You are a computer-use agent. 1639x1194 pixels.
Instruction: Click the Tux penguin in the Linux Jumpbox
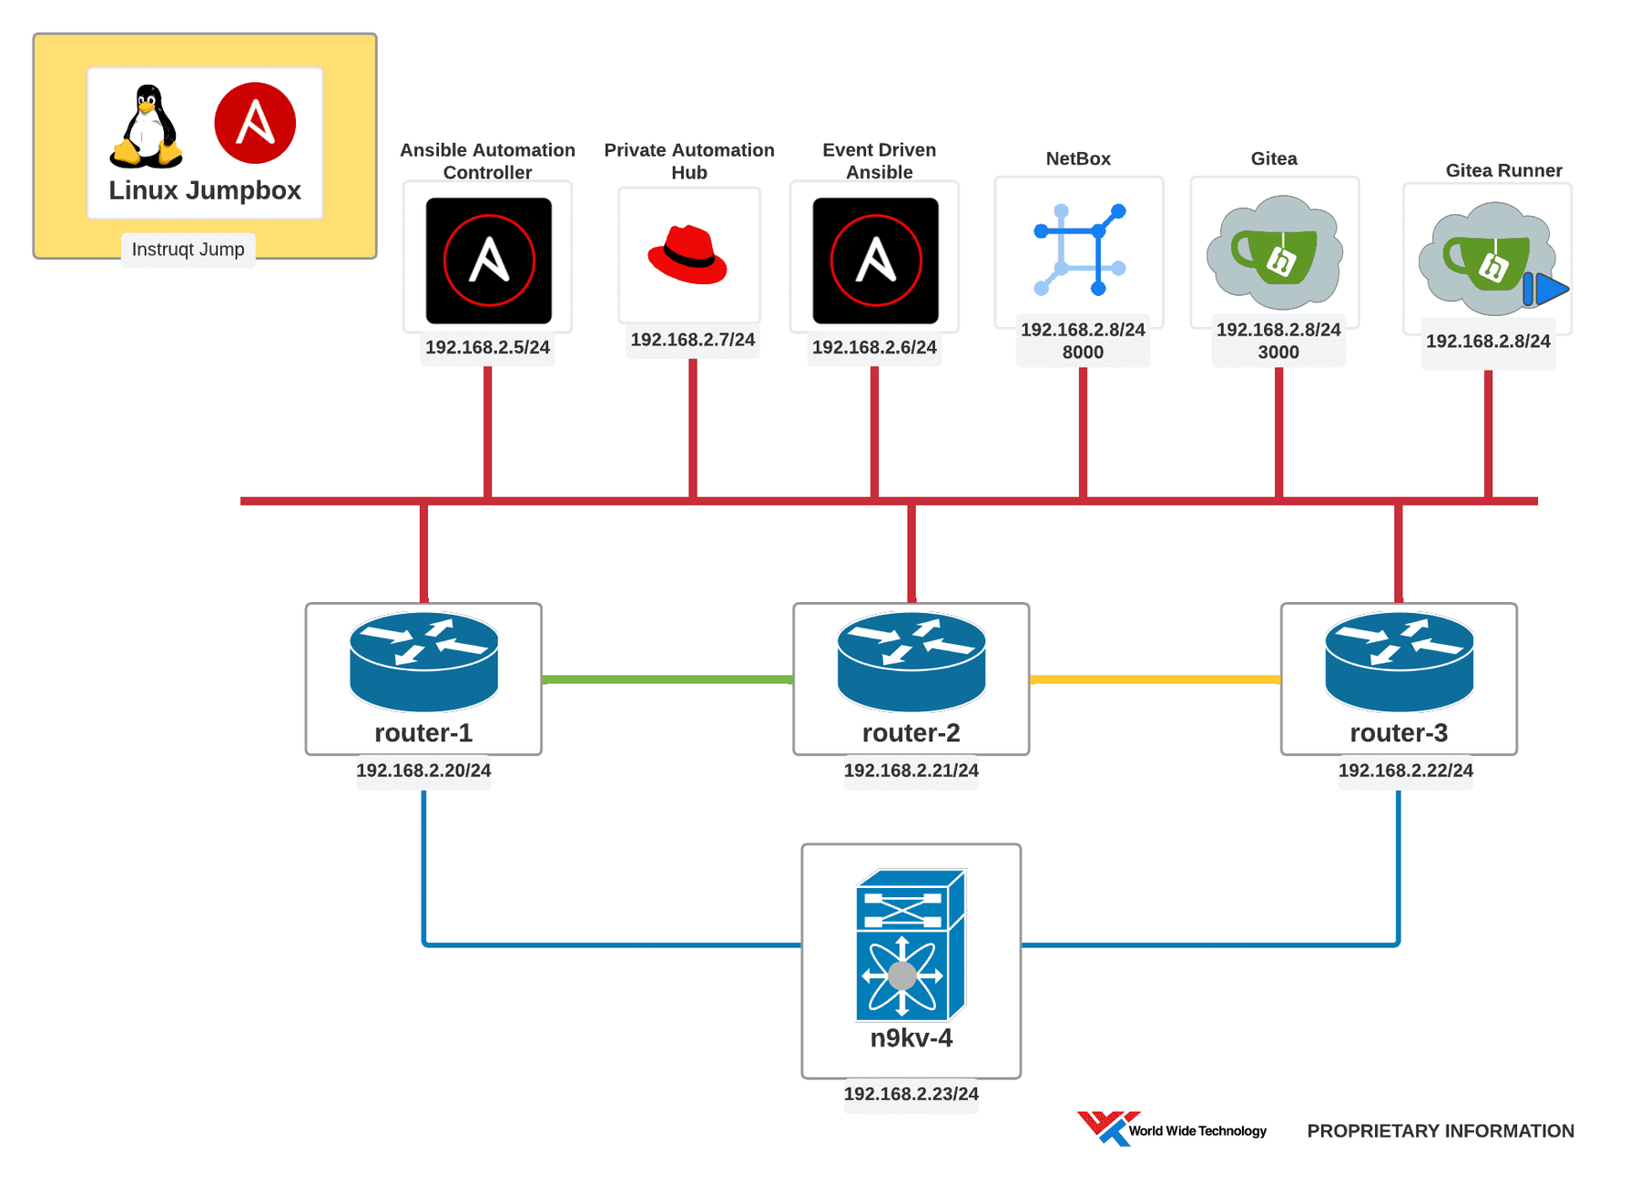click(146, 127)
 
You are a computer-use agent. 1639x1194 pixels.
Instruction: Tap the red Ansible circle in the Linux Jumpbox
click(255, 123)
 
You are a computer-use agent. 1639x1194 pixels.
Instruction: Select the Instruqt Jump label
click(188, 250)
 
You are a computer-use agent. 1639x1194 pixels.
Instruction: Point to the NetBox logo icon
click(1080, 250)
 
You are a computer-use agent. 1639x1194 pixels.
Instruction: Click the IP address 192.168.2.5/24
click(487, 347)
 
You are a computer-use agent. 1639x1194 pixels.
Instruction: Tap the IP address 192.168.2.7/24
click(692, 340)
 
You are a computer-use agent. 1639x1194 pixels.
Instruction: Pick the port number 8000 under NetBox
click(1083, 352)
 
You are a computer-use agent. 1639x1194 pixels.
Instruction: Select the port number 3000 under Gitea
click(1278, 352)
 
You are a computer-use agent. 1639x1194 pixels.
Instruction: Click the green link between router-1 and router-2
click(667, 679)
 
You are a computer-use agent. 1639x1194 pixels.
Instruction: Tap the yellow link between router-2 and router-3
click(1155, 679)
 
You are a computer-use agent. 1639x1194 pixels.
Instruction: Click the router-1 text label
click(423, 733)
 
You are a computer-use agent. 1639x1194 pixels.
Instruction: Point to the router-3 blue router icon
click(1399, 662)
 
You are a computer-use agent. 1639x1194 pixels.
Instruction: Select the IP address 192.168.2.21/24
click(911, 770)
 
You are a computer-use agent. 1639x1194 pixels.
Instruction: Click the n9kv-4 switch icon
click(911, 944)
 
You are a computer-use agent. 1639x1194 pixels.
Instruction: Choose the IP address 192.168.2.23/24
click(911, 1094)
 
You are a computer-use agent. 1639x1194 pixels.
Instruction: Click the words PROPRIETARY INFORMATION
click(1440, 1131)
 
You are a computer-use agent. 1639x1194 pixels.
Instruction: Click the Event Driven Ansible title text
click(879, 161)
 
